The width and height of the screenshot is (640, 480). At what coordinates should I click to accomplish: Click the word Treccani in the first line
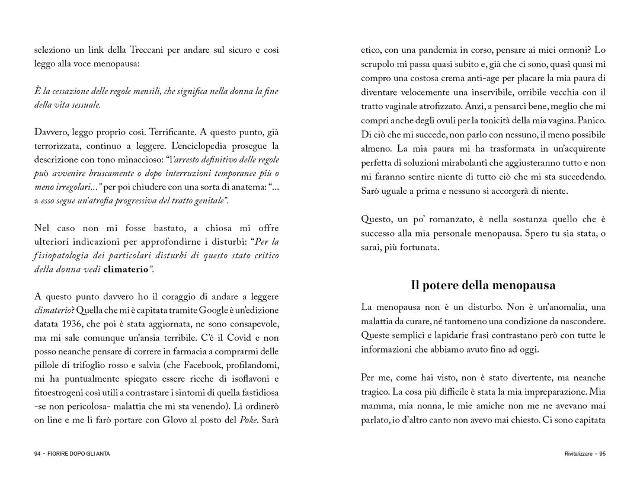(x=146, y=50)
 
